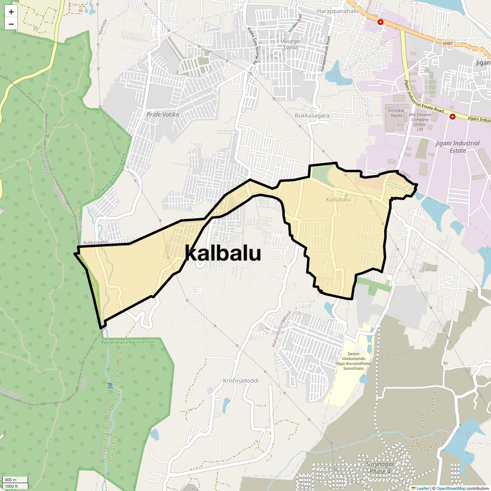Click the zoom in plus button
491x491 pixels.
11,12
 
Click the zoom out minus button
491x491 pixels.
11,24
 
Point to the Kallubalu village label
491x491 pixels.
338,200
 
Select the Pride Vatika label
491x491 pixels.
163,115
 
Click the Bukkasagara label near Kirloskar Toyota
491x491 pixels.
312,115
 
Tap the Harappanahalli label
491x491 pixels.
337,11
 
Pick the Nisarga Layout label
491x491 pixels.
291,44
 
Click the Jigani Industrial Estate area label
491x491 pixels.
457,147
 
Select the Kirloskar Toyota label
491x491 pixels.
396,113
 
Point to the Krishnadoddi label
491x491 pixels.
241,381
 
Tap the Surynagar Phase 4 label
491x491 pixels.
380,468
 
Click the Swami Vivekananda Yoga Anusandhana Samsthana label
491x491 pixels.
354,361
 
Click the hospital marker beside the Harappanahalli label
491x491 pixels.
381,22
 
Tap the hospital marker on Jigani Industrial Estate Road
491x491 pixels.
452,117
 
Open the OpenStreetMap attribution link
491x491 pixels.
450,488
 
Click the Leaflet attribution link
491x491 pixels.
423,488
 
